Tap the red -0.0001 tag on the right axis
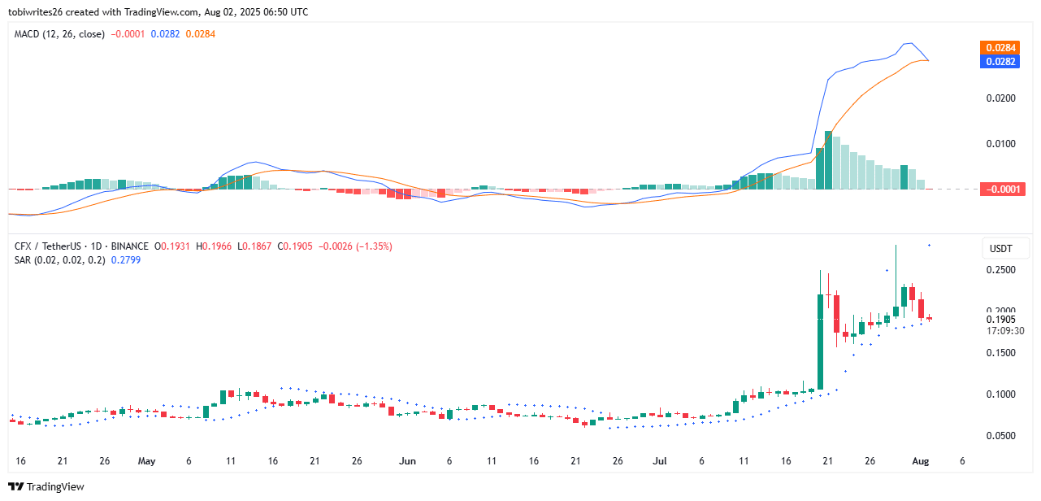click(1002, 190)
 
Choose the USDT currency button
click(1001, 248)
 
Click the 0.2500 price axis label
click(1001, 270)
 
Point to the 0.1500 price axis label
click(1001, 353)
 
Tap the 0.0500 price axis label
click(1001, 436)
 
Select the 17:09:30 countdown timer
click(1005, 331)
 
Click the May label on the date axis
click(146, 461)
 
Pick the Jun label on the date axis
click(408, 461)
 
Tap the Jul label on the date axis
click(659, 461)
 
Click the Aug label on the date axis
click(920, 461)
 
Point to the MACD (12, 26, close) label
click(59, 34)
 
